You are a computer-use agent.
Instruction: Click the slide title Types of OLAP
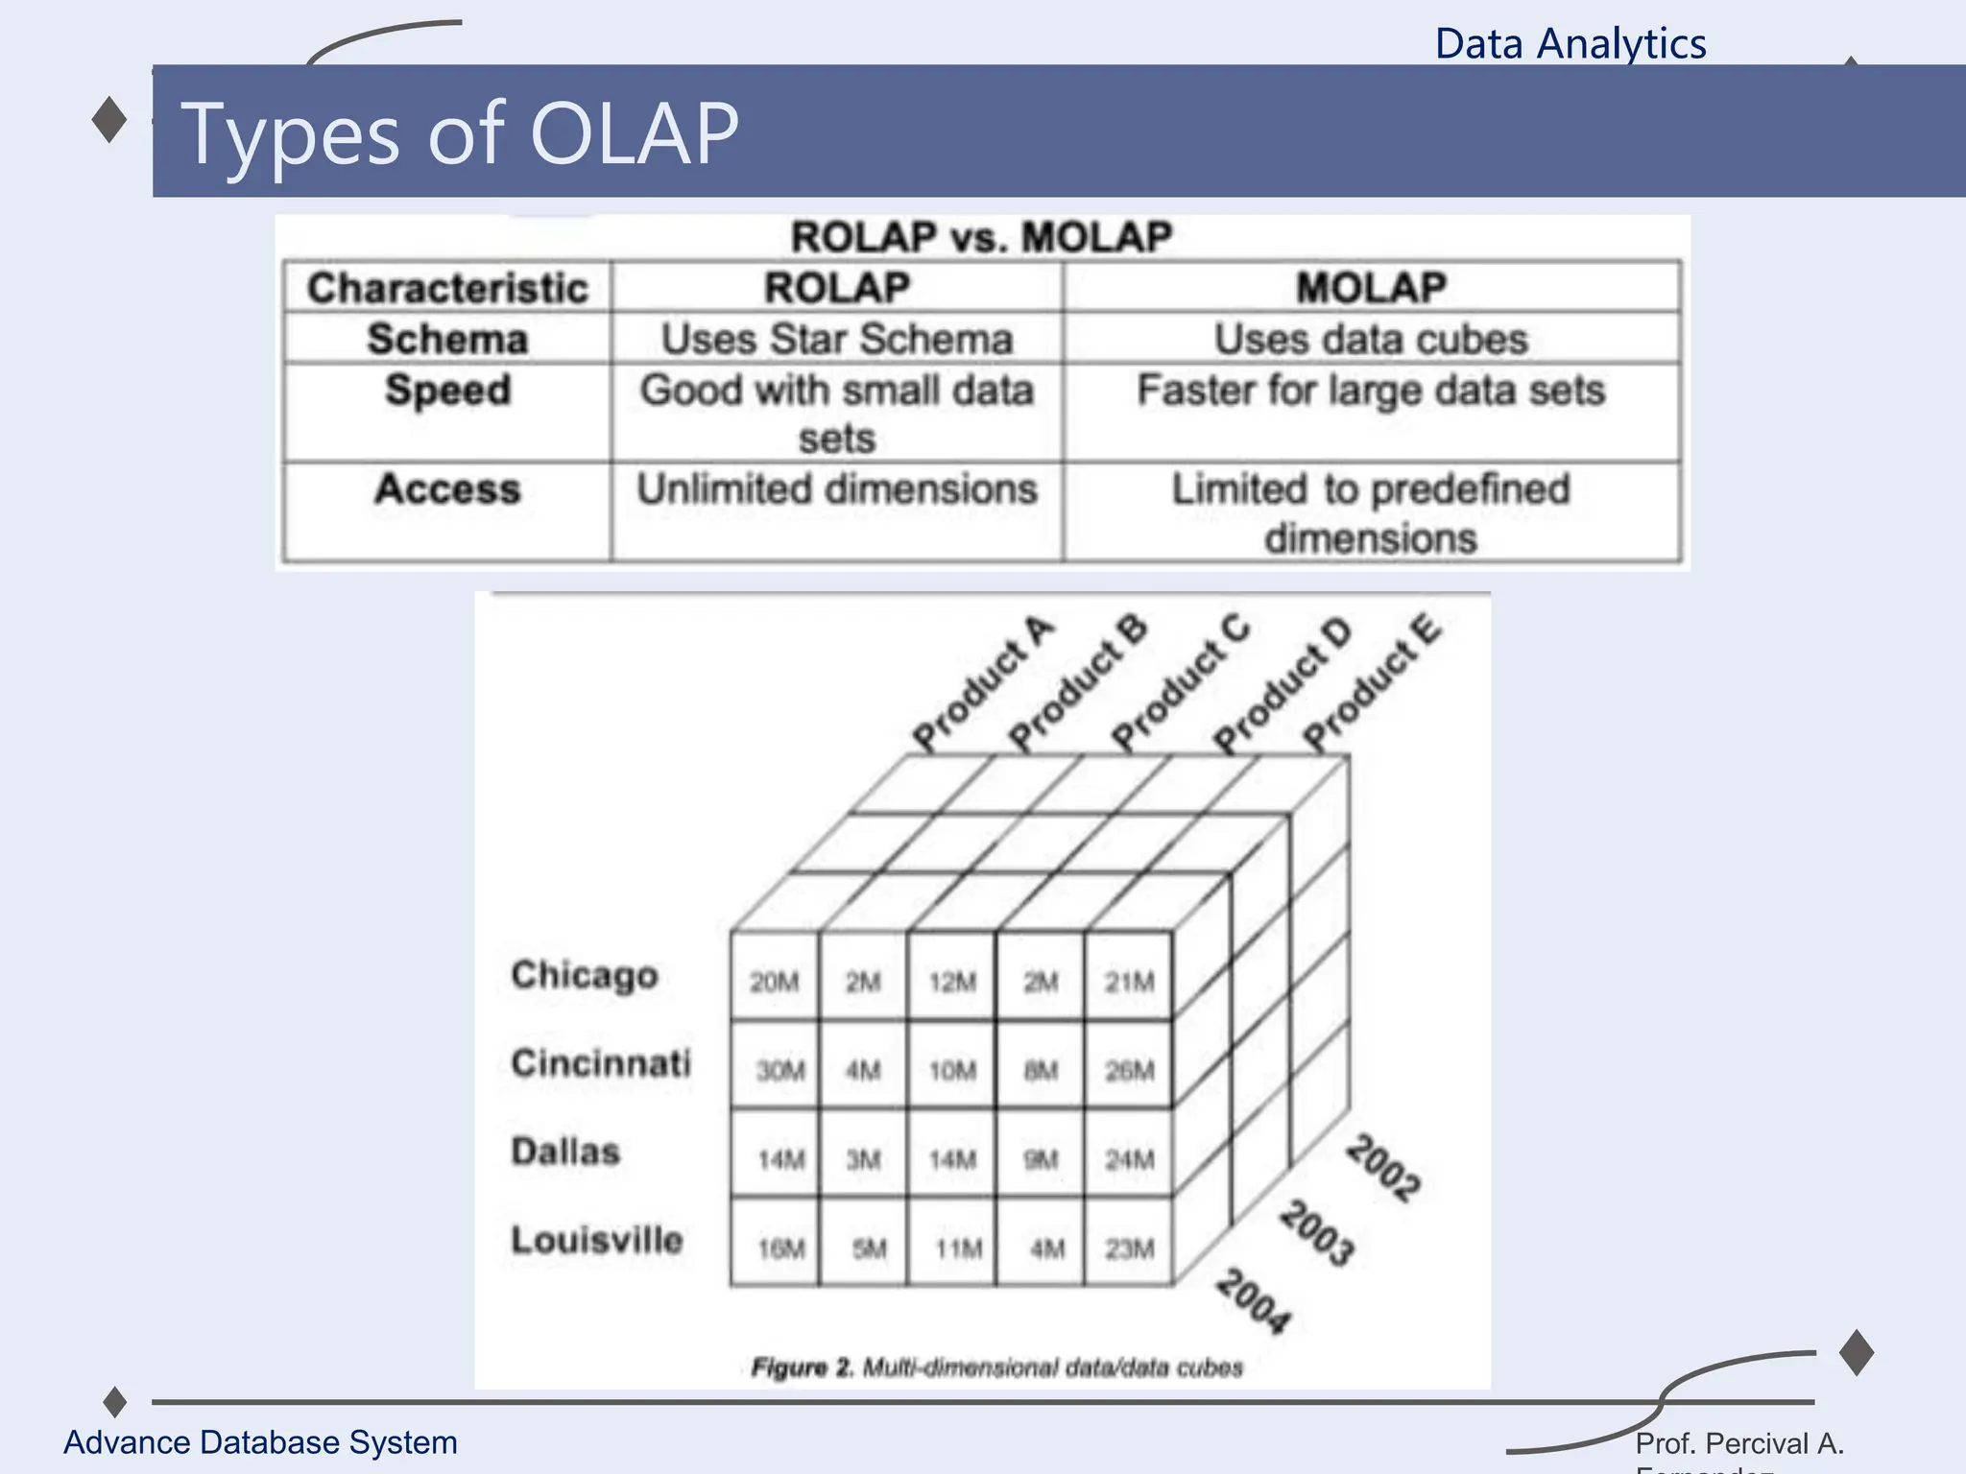click(x=459, y=133)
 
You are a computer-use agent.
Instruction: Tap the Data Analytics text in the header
click(x=1570, y=44)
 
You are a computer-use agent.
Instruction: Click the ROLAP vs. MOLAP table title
click(x=980, y=237)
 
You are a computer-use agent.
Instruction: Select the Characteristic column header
click(x=447, y=288)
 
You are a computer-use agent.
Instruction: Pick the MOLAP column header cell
click(x=1371, y=288)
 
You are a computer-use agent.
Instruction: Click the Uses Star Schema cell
click(x=836, y=339)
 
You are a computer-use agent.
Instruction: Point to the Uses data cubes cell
click(x=1371, y=339)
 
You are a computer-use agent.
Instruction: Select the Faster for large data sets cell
click(x=1371, y=391)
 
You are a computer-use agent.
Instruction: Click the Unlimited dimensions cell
click(x=836, y=489)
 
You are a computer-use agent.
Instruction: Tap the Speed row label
click(x=447, y=391)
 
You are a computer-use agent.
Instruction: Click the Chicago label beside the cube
click(x=584, y=975)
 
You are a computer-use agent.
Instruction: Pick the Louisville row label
click(x=596, y=1240)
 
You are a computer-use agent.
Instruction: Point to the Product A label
click(x=982, y=683)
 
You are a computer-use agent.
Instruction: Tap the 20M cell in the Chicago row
click(x=774, y=982)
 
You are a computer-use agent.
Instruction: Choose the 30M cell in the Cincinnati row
click(x=779, y=1070)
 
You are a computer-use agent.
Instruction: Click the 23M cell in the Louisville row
click(x=1129, y=1248)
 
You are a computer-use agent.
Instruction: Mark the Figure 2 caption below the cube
click(x=996, y=1367)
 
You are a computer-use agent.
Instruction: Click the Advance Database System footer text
click(x=260, y=1442)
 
